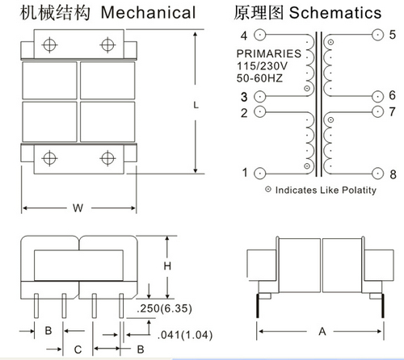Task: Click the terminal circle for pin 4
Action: pos(260,35)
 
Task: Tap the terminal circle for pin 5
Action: pos(377,35)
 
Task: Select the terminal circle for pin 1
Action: pos(260,174)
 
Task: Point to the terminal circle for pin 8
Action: pos(377,174)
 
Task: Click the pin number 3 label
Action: pos(244,97)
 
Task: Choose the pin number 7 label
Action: pos(393,111)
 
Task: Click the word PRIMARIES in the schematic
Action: pos(269,53)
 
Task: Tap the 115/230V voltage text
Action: pos(262,66)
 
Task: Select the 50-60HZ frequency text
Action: pos(259,78)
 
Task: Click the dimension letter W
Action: pos(78,208)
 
